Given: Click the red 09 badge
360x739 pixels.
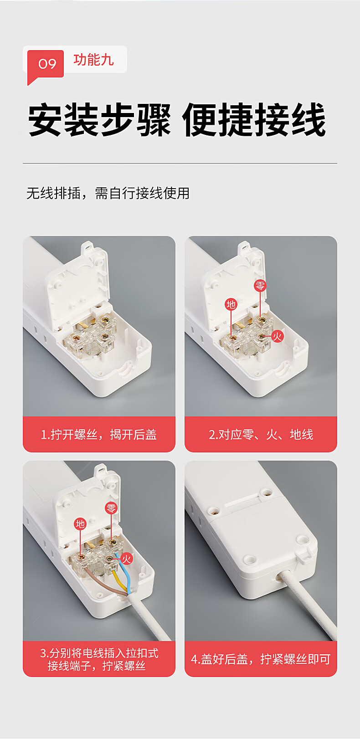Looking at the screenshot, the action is [x=46, y=64].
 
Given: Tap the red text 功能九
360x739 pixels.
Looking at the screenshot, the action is [x=93, y=60].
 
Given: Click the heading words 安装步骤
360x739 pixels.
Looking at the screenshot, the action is [x=99, y=119].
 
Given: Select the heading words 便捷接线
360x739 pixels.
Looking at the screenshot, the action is [x=254, y=119].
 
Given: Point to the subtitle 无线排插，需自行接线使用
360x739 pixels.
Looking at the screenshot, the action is [x=108, y=193].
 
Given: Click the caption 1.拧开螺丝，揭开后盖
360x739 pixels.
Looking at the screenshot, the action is [x=99, y=435].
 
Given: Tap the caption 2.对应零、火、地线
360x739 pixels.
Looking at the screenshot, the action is [x=261, y=435].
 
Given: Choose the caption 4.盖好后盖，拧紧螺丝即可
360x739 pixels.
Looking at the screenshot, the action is [x=261, y=659].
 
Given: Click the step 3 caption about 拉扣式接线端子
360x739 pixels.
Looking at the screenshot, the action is [x=99, y=659].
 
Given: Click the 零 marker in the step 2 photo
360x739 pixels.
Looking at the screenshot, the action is [x=260, y=285].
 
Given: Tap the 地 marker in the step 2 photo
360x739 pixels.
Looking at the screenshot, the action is [x=231, y=304].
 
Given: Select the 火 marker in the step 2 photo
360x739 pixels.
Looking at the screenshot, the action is [x=277, y=336].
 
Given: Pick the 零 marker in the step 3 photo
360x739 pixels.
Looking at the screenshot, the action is [x=111, y=508].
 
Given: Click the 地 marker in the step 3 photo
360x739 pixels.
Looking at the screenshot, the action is [x=80, y=524].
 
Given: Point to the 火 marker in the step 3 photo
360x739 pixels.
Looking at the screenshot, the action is [x=126, y=559].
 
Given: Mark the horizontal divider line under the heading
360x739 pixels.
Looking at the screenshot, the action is [x=180, y=163].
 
